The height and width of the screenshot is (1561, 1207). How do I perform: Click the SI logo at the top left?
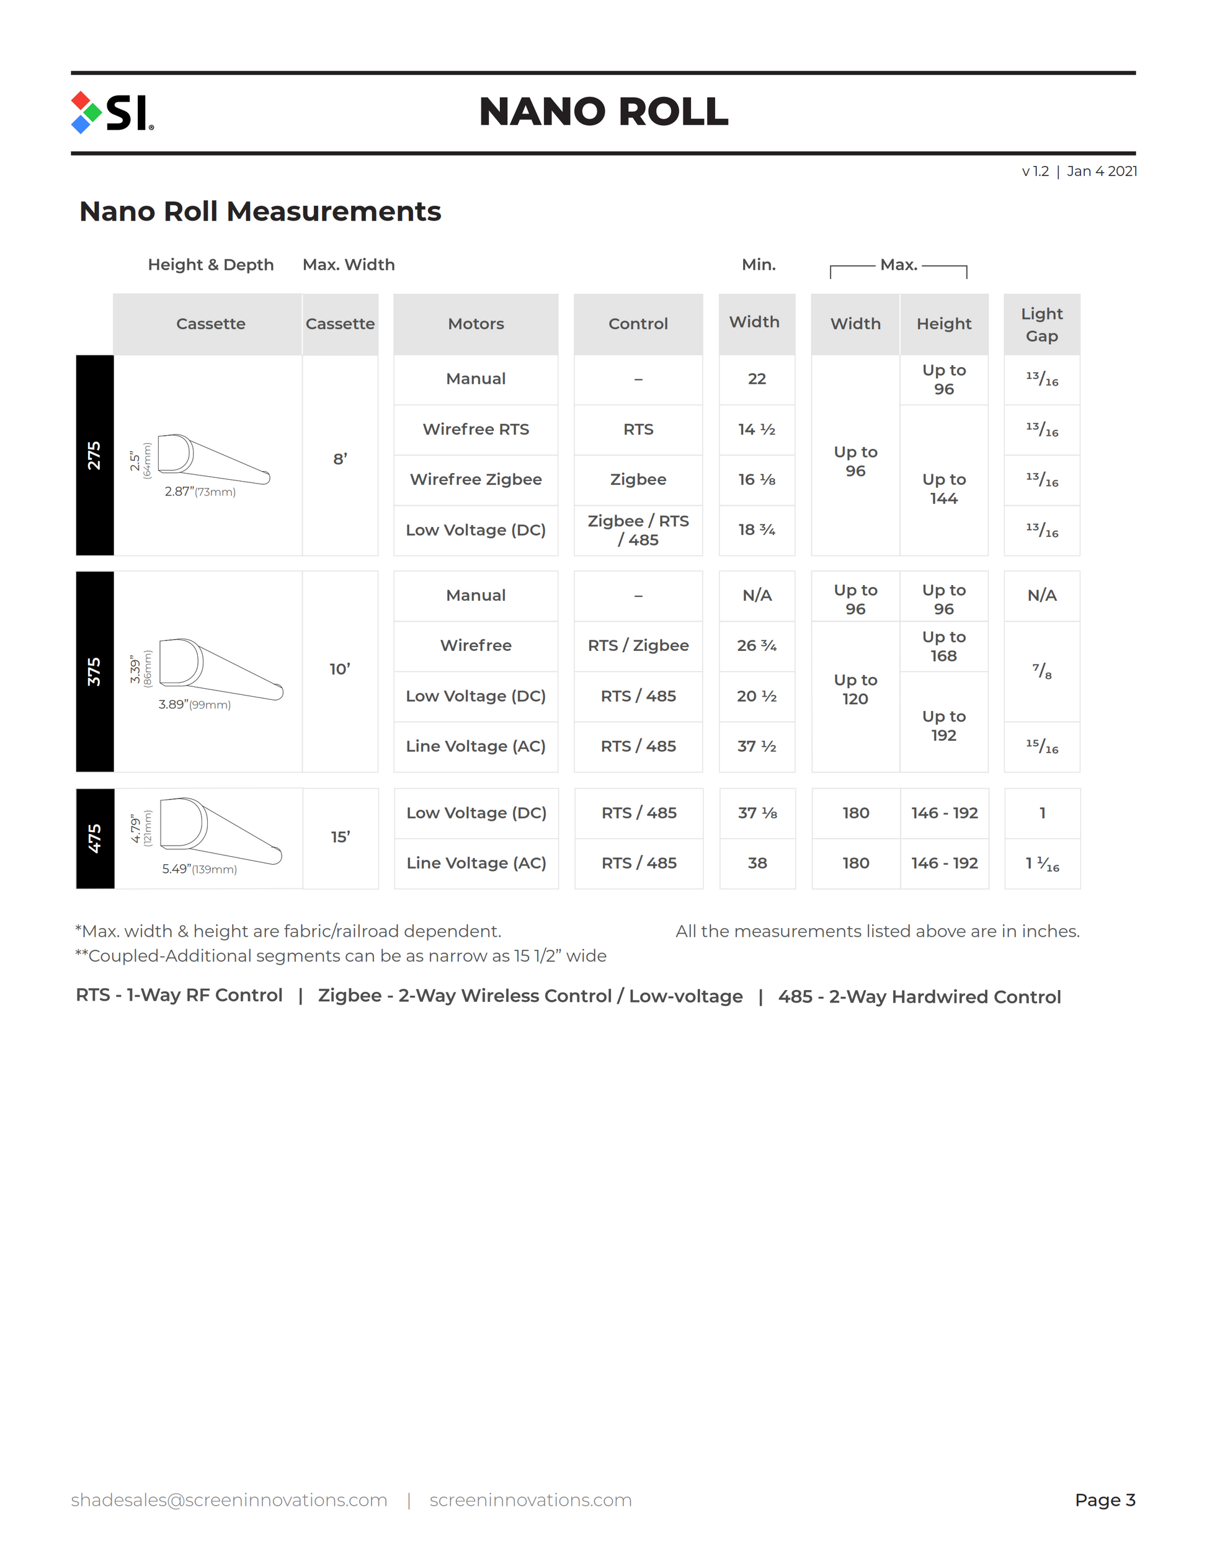112,112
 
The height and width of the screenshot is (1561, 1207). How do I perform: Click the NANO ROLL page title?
603,112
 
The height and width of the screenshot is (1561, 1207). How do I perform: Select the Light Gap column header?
1041,324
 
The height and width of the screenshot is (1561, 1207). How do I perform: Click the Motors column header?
476,324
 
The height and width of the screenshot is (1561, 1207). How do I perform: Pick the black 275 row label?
94,455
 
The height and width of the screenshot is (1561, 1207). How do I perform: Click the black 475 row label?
94,838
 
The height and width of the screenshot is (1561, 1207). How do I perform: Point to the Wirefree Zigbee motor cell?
476,480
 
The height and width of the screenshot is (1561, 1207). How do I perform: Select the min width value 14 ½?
757,430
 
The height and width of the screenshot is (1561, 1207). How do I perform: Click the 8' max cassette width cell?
340,459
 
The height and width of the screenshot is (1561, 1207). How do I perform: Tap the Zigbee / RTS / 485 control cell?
638,530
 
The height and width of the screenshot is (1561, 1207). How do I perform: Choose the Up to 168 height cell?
943,646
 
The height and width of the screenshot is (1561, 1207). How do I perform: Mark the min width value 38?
757,864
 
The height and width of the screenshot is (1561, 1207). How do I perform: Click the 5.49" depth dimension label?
198,869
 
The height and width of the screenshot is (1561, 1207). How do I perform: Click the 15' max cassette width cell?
340,837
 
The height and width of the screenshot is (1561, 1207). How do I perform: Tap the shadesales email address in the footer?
229,1500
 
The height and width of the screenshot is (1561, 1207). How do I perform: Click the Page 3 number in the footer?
1104,1500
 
